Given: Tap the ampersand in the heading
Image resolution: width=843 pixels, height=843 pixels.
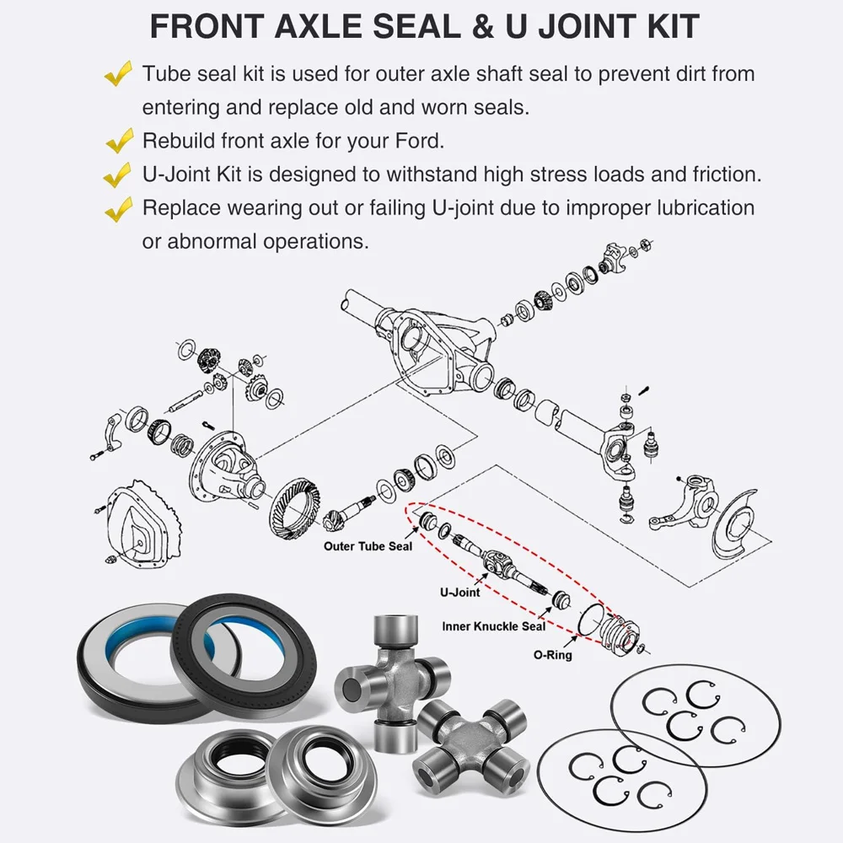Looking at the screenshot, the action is coord(484,26).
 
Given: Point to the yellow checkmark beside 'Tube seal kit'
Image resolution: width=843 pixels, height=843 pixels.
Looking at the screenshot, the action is coord(118,73).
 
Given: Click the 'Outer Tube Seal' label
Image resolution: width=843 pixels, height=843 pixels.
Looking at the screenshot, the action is coord(368,546).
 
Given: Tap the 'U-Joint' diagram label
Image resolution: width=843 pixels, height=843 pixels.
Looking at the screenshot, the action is coord(459,593).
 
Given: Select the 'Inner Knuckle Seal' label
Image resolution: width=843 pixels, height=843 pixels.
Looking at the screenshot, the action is coord(493,626).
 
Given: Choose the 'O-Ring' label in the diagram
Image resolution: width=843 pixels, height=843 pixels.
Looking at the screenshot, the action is coord(553,655).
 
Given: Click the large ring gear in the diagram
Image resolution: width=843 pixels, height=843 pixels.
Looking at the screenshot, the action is coord(294,507).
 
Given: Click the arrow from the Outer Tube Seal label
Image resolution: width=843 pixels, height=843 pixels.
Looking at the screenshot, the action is coord(412,534).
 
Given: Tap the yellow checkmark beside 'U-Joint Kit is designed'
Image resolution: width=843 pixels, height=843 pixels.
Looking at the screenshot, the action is coord(118,175).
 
